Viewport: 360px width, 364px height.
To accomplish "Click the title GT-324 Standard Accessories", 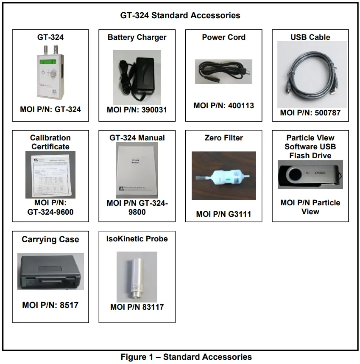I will pos(180,16).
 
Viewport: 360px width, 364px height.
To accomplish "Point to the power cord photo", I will pos(223,71).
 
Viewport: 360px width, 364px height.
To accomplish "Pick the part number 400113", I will pos(238,106).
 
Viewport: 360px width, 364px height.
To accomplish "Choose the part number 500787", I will pos(324,113).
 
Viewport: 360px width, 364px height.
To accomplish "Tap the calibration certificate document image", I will pos(50,174).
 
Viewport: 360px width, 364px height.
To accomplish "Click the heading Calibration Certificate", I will pos(50,142).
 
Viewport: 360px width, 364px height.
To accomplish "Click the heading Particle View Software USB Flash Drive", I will pos(310,147).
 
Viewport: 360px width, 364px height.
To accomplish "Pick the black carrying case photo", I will pos(50,272).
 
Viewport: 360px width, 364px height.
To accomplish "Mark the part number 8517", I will pos(65,305).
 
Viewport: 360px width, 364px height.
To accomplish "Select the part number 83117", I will pos(151,307).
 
